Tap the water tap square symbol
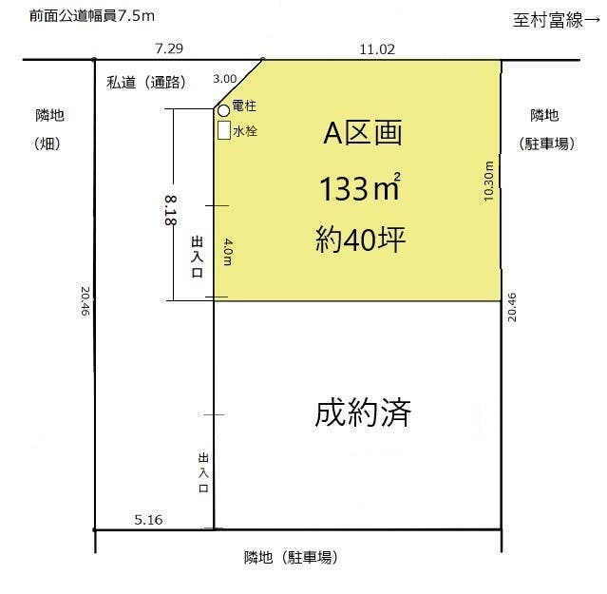(x=223, y=130)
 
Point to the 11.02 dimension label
(x=377, y=48)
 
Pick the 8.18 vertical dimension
(x=170, y=209)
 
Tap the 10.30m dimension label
(x=488, y=180)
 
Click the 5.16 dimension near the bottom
(x=150, y=519)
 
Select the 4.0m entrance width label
(x=228, y=252)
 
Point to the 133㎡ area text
(x=358, y=189)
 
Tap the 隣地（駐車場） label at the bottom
(x=291, y=558)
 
